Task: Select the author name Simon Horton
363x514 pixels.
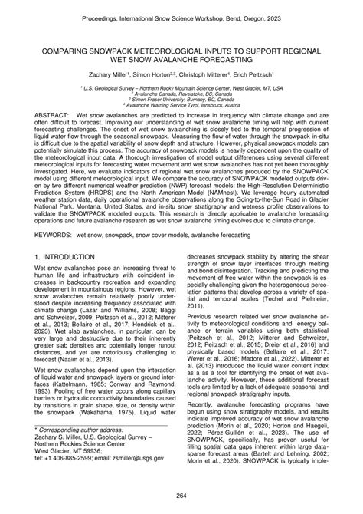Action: (150, 73)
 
